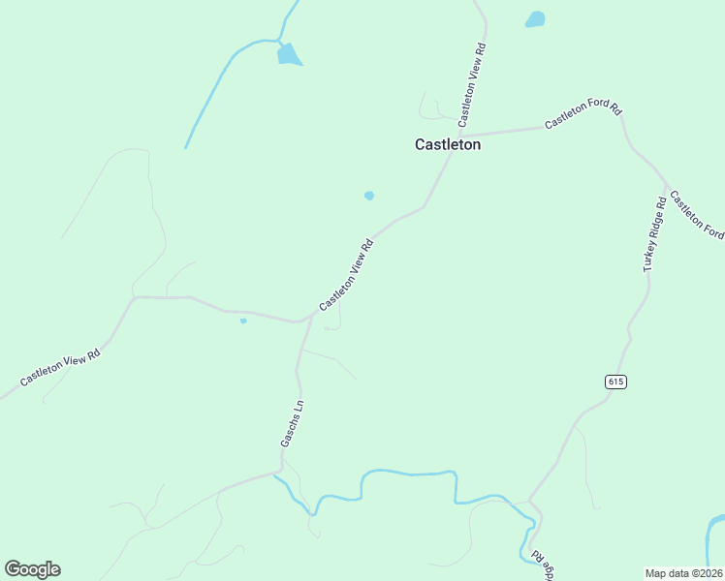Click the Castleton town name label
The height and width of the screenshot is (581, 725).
[448, 144]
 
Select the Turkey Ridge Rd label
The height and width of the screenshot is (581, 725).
[655, 233]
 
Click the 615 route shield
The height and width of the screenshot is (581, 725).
[616, 382]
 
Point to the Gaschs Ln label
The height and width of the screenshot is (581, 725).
[292, 422]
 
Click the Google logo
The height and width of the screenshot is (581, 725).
[32, 569]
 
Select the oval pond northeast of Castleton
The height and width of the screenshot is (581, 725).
[535, 18]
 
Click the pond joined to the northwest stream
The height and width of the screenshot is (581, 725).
[289, 54]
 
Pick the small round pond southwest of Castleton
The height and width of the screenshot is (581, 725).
[369, 196]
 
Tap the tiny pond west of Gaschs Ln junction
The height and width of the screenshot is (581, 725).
[243, 321]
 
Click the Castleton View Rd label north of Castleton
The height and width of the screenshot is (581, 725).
[472, 84]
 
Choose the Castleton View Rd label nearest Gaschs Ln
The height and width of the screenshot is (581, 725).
[346, 275]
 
